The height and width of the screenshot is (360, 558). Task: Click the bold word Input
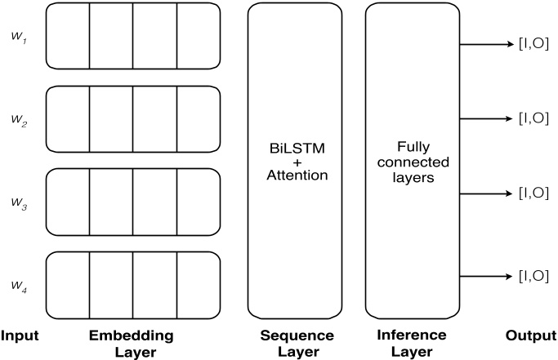coord(20,336)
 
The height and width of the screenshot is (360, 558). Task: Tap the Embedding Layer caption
coord(132,342)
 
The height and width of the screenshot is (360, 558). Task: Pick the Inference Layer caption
coord(413,342)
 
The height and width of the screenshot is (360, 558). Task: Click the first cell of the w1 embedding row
coord(67,36)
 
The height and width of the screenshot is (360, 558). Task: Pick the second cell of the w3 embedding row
coord(110,203)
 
